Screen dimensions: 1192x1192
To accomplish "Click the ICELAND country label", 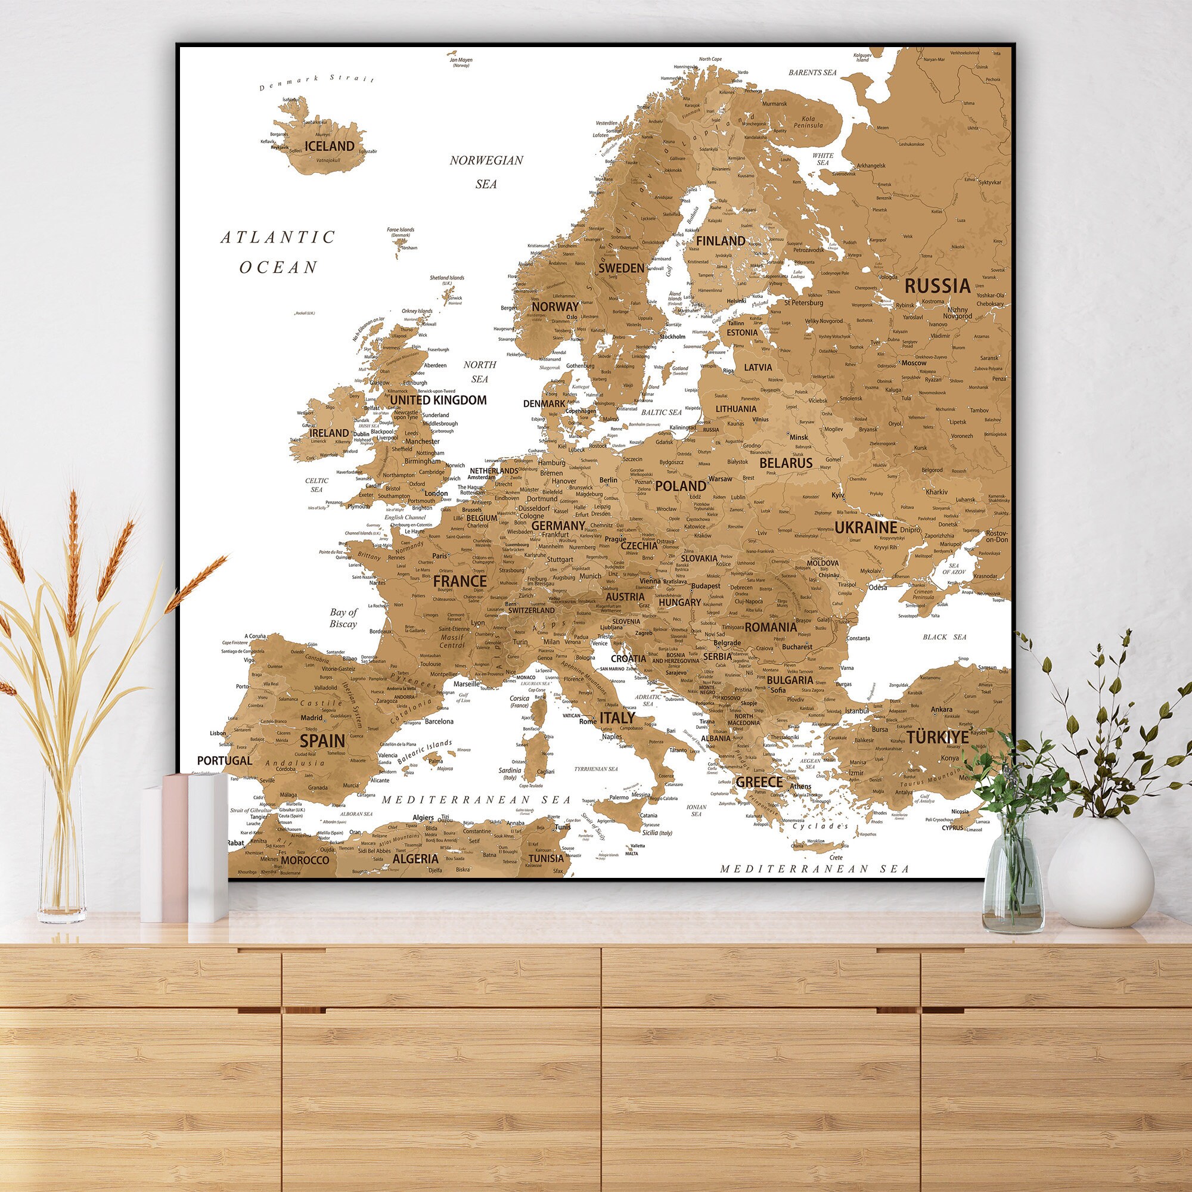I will pos(330,146).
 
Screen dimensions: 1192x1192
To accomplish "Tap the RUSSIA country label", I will pos(937,285).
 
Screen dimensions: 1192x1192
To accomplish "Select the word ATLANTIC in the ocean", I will pos(278,237).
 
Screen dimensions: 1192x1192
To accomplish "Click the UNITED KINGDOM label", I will pos(438,400).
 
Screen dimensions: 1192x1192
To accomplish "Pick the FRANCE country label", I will pos(460,581).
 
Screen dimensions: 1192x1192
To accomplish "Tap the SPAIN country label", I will pos(322,740).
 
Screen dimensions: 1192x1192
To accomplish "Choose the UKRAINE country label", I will pos(865,527).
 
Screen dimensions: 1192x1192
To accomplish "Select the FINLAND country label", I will pos(721,241).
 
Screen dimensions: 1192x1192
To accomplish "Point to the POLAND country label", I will pos(681,486).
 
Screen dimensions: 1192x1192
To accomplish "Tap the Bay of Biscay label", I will pos(343,617).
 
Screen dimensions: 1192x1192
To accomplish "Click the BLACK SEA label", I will pos(944,637).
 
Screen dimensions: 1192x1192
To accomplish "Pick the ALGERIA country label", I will pos(415,858).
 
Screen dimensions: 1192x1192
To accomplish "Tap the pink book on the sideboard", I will pos(175,848).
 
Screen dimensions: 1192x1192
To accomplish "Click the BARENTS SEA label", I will pos(812,73).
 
